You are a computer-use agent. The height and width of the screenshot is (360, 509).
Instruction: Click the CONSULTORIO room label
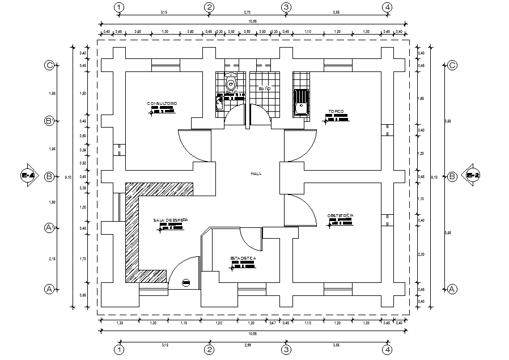click(163, 103)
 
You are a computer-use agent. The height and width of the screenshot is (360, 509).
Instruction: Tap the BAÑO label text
click(264, 89)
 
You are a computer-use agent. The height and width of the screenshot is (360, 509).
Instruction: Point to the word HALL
click(256, 174)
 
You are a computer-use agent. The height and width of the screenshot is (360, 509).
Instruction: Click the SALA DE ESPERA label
click(170, 219)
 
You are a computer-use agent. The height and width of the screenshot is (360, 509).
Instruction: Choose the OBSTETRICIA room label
click(341, 215)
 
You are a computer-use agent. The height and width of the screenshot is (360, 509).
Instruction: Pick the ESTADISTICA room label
click(243, 258)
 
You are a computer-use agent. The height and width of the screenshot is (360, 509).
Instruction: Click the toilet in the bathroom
click(230, 84)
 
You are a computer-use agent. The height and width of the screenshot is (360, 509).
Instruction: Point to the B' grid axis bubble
click(49, 121)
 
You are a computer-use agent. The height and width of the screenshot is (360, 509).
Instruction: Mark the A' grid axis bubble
click(49, 228)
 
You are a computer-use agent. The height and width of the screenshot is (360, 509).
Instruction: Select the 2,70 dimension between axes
click(248, 11)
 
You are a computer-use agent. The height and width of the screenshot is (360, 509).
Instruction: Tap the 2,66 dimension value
click(248, 344)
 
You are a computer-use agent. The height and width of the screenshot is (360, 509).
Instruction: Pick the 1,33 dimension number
click(120, 323)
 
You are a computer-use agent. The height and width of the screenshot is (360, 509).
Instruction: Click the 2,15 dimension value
click(52, 259)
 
